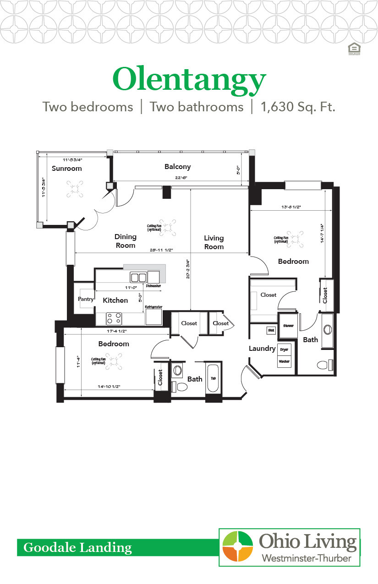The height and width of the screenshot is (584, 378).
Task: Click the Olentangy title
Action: click(x=189, y=80)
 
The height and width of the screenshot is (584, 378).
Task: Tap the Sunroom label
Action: click(x=66, y=169)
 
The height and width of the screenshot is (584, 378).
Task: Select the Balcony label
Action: click(x=177, y=167)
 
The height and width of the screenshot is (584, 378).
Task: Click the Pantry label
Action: click(x=86, y=299)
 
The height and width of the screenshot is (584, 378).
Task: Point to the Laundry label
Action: click(x=262, y=349)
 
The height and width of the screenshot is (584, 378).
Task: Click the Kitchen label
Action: click(x=115, y=300)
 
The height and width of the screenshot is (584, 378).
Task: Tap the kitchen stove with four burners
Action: click(x=114, y=318)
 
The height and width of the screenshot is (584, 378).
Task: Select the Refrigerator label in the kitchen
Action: click(x=153, y=307)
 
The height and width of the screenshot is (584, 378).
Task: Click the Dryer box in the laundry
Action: click(x=284, y=349)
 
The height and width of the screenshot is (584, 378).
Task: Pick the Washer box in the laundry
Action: click(x=284, y=361)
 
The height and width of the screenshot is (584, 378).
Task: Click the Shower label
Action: click(x=288, y=326)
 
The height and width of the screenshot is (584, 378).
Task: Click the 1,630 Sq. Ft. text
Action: click(x=298, y=107)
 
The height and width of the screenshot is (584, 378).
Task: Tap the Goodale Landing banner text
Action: click(x=77, y=547)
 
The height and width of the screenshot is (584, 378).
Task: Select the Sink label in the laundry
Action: click(x=270, y=330)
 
